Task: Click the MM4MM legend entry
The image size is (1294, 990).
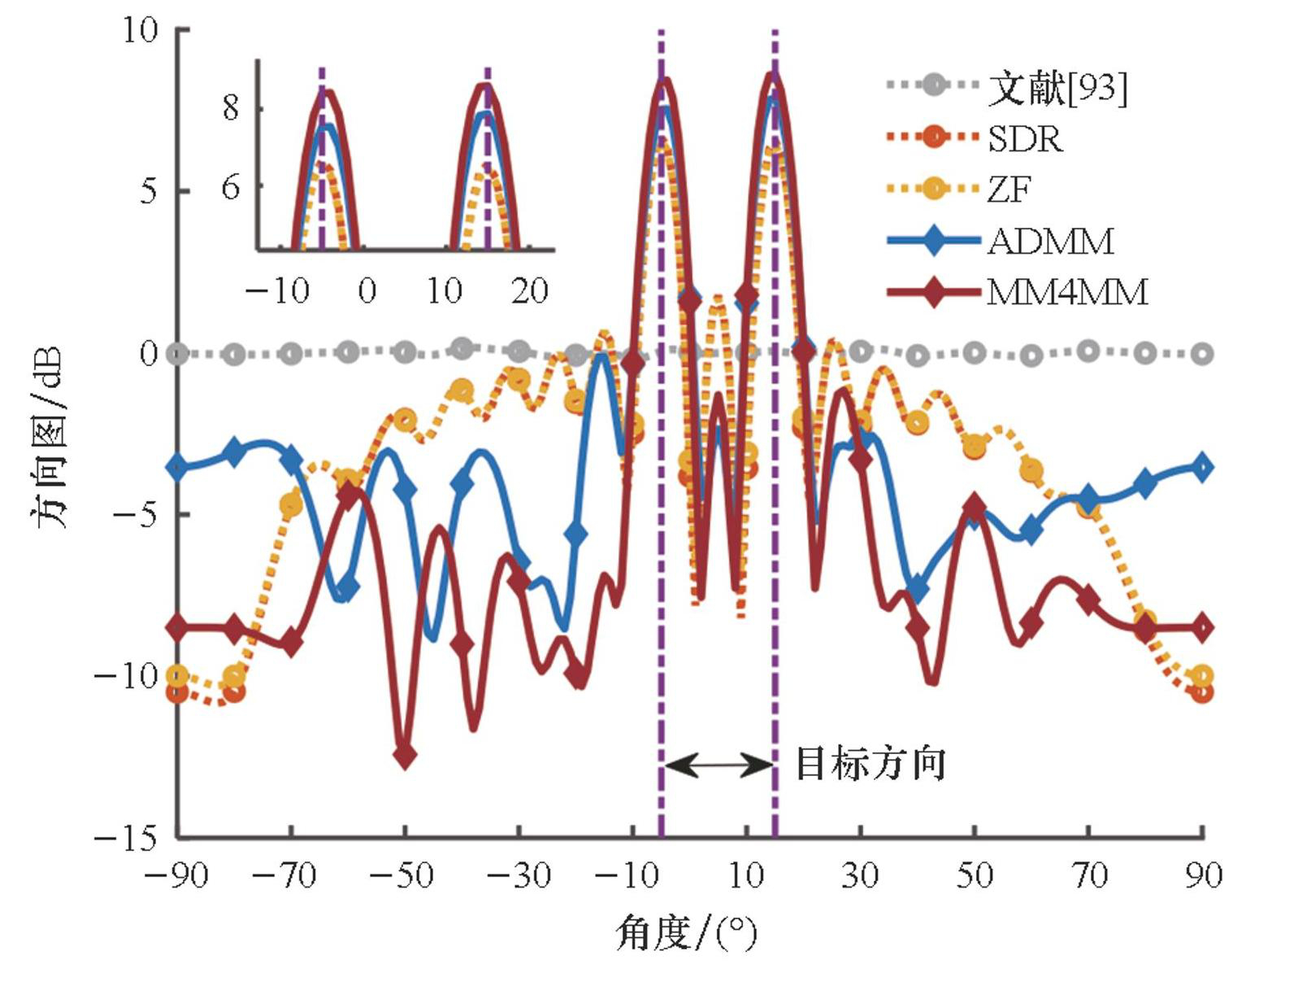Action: pos(1067,292)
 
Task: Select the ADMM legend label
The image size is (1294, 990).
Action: pos(1050,242)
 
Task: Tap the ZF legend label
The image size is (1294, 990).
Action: pos(1010,190)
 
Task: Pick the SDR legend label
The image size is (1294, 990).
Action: pos(1025,139)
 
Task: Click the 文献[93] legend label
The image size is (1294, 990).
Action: pos(1057,87)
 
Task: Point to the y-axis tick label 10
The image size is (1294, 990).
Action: pos(139,30)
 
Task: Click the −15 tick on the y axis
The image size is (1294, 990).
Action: pos(126,837)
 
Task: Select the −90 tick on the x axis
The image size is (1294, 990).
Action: pos(176,875)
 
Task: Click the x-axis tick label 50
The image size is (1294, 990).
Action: pos(975,875)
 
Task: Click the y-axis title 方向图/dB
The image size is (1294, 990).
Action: pos(50,437)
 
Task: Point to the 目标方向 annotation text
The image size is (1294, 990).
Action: pos(870,764)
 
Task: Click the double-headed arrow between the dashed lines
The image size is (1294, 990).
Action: pos(719,765)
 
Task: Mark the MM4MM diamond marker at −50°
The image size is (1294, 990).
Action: pos(405,756)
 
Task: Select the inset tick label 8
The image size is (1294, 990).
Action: pos(231,108)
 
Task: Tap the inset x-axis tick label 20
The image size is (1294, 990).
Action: pos(530,290)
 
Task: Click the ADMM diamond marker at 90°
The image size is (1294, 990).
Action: pos(1203,468)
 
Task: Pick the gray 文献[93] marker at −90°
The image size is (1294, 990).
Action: pos(177,354)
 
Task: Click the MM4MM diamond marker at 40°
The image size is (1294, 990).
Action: pos(918,628)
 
